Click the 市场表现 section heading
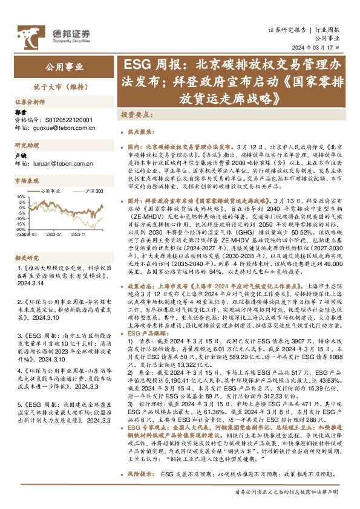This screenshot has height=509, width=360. pyautogui.click(x=27, y=181)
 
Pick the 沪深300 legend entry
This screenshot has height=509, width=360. pyautogui.click(x=94, y=191)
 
